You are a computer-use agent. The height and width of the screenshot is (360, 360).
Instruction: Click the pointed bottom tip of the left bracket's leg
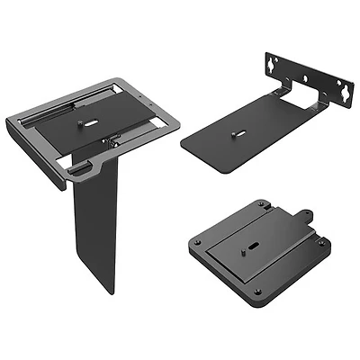pyautogui.click(x=114, y=290)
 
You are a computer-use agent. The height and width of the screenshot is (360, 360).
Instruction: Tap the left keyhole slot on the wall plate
pyautogui.click(x=270, y=65)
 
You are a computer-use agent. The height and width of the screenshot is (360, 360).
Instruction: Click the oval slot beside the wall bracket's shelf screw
pyautogui.click(x=232, y=135)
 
